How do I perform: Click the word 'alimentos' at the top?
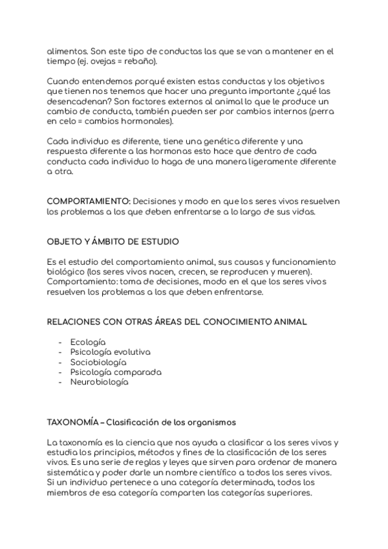point(67,51)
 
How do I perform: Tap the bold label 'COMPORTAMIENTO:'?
point(88,201)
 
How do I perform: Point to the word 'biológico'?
point(66,273)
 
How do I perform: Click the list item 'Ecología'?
point(88,342)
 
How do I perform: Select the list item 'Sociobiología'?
point(98,362)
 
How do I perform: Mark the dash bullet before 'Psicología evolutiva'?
point(60,352)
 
